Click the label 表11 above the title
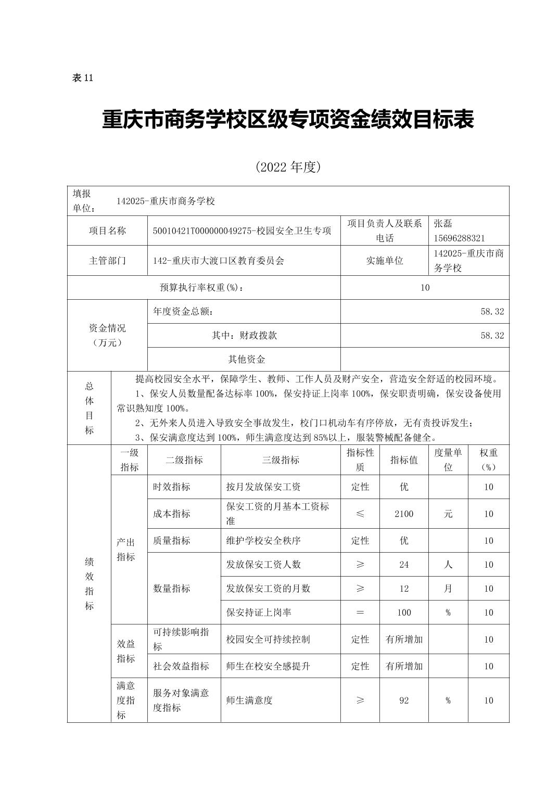[x=82, y=78]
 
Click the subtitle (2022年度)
[x=287, y=167]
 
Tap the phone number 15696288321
[x=459, y=238]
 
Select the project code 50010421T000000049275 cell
[x=242, y=231]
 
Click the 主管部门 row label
[x=107, y=261]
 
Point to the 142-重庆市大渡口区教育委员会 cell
[x=219, y=261]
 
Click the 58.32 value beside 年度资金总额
[x=492, y=311]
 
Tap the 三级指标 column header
[x=281, y=460]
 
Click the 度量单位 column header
[x=448, y=460]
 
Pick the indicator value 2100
[x=404, y=514]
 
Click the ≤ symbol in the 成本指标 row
[x=360, y=514]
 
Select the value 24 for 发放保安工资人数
[x=404, y=565]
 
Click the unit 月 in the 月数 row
[x=448, y=589]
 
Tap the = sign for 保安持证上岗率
[x=360, y=613]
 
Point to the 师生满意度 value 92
[x=404, y=700]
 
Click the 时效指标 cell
[x=172, y=487]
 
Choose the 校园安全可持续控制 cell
[x=268, y=639]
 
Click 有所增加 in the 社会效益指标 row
[x=404, y=666]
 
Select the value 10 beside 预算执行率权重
[x=425, y=287]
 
